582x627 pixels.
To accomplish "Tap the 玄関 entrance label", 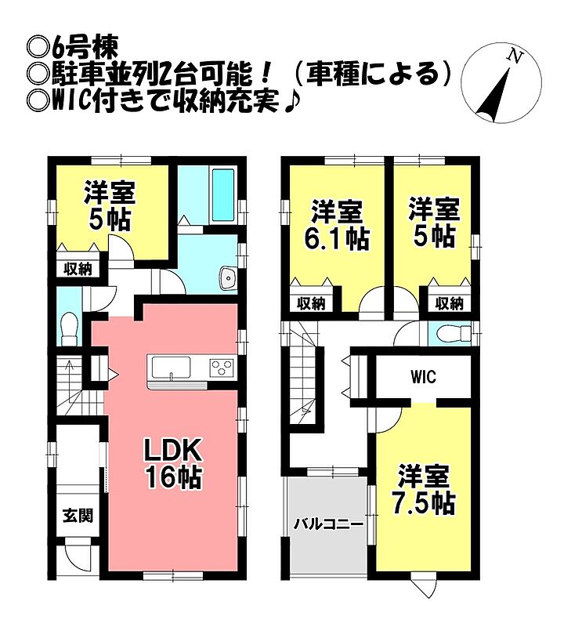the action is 78,516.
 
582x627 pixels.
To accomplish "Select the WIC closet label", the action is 423,377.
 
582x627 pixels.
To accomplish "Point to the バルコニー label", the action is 328,524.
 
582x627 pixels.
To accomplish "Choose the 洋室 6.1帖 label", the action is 337,225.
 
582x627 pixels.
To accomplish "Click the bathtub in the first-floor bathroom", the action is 223,194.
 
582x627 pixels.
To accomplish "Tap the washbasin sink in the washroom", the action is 228,277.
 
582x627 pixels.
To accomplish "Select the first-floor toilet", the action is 70,328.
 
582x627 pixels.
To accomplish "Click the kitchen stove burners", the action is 222,367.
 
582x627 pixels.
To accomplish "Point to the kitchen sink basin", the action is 171,368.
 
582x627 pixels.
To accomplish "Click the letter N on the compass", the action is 515,56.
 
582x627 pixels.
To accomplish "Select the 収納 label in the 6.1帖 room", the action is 311,304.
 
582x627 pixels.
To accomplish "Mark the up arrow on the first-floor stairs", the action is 69,375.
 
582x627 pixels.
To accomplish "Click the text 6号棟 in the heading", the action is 85,48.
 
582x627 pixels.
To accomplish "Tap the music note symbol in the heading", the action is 290,103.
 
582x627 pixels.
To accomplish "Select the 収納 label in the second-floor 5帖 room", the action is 450,304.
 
